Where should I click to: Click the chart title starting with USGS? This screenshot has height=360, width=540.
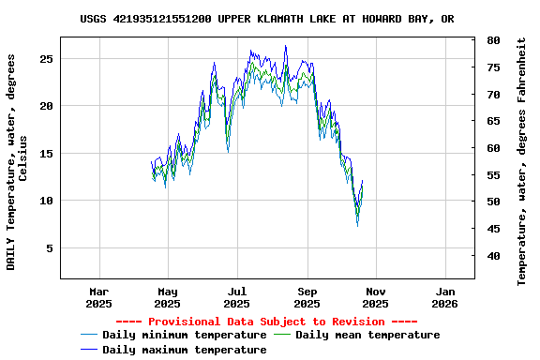(x=267, y=19)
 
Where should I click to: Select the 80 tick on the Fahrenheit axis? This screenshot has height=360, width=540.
(x=493, y=40)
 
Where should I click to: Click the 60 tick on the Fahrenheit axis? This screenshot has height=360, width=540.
(x=493, y=148)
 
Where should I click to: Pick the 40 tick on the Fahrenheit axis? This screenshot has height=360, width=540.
(x=493, y=256)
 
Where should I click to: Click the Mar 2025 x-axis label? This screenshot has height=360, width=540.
(x=98, y=297)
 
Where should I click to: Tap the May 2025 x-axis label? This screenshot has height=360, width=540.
(x=167, y=297)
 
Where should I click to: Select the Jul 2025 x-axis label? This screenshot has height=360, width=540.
(x=237, y=297)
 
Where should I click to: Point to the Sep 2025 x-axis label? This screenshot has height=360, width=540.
(x=307, y=297)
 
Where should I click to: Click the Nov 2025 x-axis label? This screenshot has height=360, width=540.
(x=375, y=297)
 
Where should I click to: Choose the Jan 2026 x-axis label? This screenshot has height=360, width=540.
(x=444, y=297)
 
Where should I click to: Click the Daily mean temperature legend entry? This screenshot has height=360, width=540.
(x=367, y=335)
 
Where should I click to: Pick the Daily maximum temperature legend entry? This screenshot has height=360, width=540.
(x=184, y=350)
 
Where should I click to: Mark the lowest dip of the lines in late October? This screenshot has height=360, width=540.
(x=357, y=224)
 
